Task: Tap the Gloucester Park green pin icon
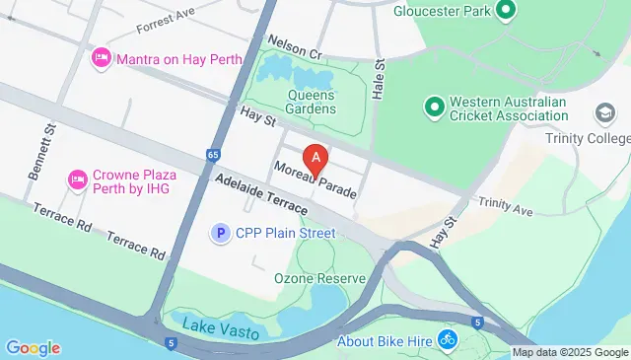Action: click(506, 12)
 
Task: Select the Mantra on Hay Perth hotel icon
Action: click(100, 59)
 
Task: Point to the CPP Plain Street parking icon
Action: click(221, 233)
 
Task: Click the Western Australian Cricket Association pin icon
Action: click(433, 104)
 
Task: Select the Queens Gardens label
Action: click(311, 102)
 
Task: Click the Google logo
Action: click(33, 347)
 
